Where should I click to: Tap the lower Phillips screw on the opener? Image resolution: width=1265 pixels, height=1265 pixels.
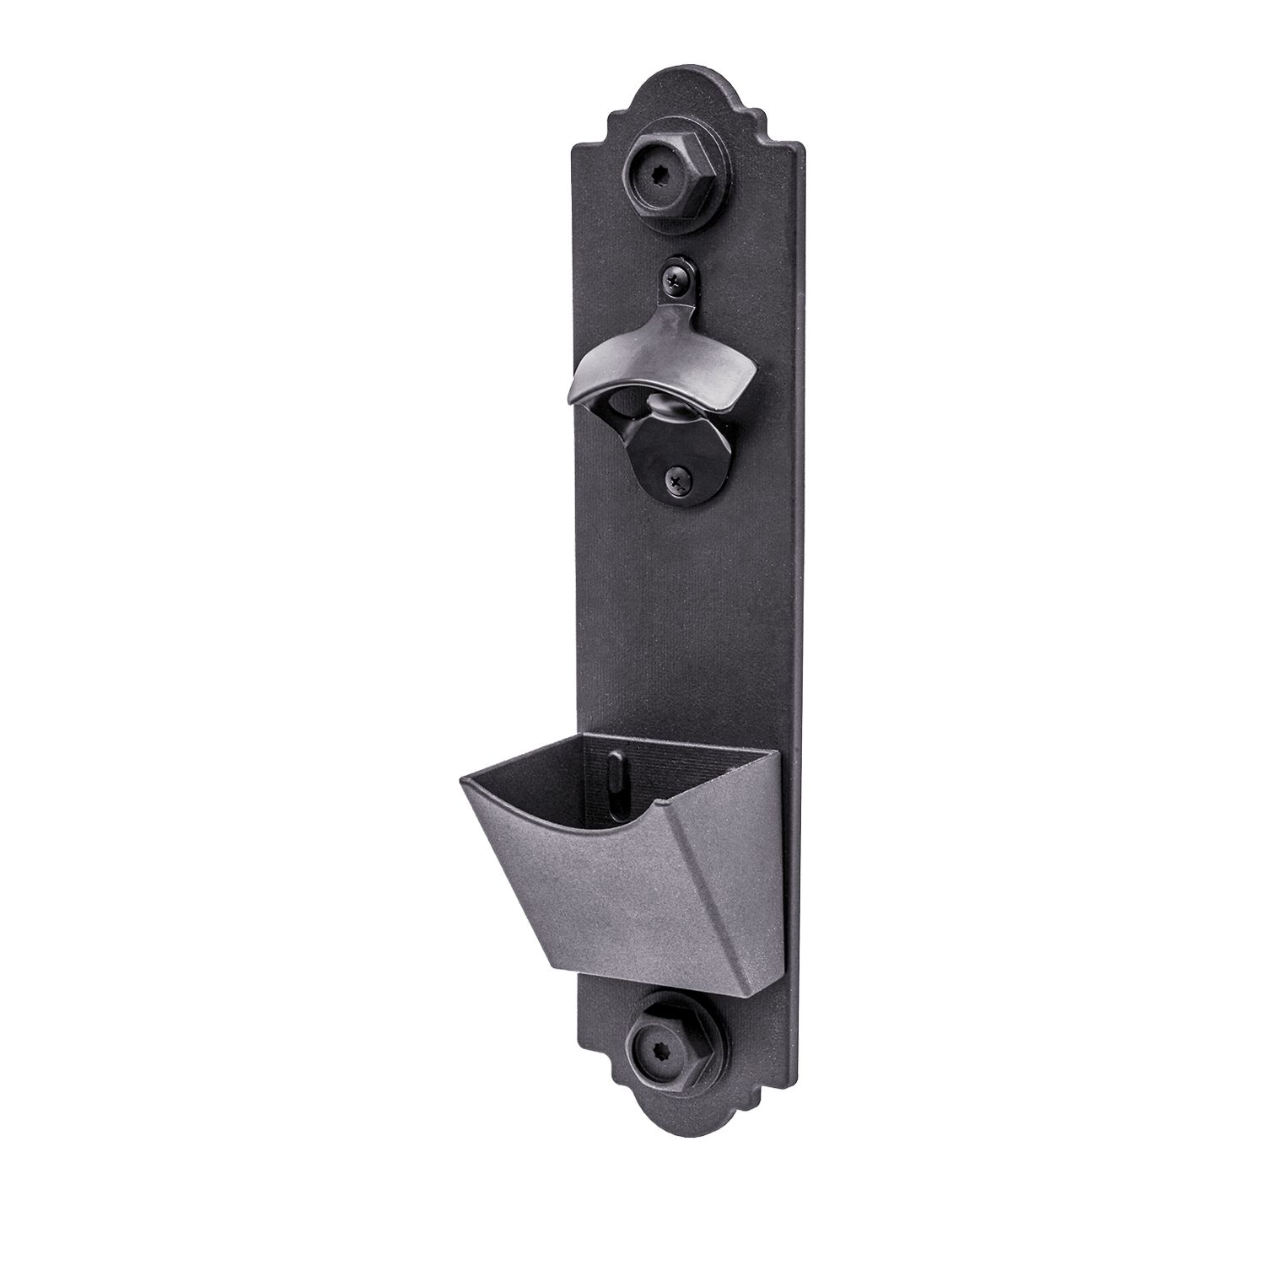[679, 478]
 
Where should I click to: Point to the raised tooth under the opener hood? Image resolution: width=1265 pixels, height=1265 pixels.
[666, 414]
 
